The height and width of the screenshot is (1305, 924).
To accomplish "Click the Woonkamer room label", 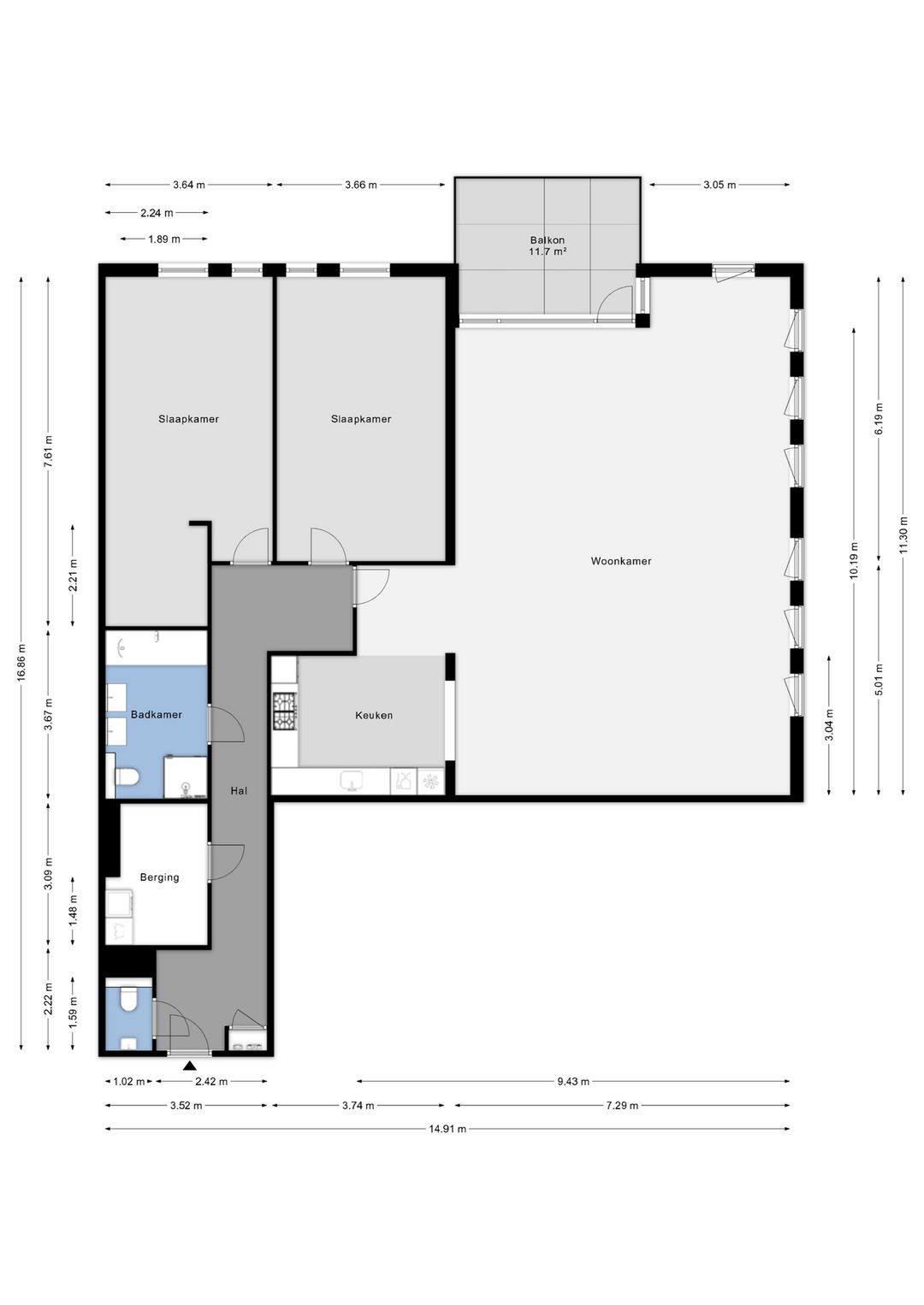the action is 621,561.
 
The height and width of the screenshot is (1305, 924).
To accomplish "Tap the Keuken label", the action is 374,715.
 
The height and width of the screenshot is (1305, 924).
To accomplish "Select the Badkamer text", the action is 157,714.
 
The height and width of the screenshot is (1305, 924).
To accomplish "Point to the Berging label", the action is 159,877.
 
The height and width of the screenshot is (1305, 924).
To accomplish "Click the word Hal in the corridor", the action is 239,790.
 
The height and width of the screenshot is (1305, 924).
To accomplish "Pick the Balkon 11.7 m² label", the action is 548,245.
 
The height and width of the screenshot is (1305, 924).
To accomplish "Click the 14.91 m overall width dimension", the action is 447,1129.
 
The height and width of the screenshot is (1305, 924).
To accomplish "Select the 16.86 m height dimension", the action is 21,663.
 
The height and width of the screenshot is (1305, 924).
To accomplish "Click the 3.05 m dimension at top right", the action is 720,185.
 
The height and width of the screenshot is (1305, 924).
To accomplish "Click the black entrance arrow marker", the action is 189,1066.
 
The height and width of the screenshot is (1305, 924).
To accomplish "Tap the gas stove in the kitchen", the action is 285,711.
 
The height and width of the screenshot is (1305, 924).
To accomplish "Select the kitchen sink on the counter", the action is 351,781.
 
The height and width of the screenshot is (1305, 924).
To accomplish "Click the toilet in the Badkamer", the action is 127,777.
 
